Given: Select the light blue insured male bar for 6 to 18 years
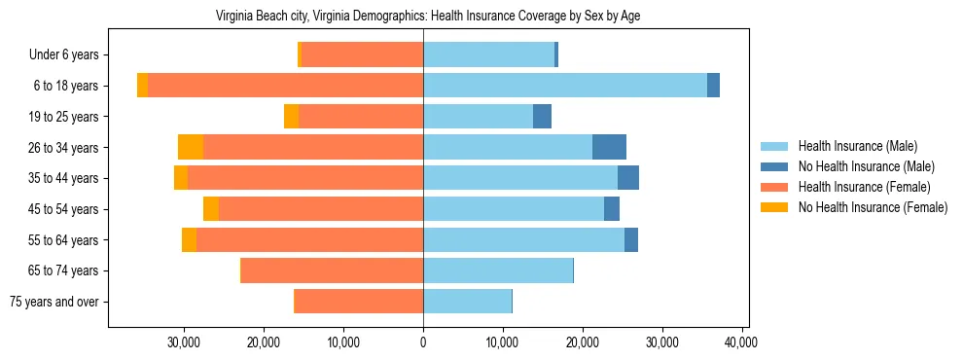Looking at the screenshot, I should [x=564, y=86].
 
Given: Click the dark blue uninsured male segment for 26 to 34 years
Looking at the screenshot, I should [x=609, y=147].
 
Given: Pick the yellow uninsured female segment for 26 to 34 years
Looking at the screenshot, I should [x=191, y=147].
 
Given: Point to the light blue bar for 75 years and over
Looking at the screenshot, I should [x=467, y=302].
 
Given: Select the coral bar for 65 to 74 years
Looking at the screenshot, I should [x=332, y=270].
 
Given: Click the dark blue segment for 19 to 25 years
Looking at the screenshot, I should [x=542, y=117].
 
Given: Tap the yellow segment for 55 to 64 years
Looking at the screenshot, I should [x=189, y=239].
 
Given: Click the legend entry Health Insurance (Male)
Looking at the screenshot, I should [x=857, y=146].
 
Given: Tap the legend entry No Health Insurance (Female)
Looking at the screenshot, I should [x=872, y=207].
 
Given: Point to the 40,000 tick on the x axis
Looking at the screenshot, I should [x=741, y=342].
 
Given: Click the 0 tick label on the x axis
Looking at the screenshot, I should [x=423, y=342].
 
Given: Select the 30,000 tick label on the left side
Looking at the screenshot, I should [x=184, y=342].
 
